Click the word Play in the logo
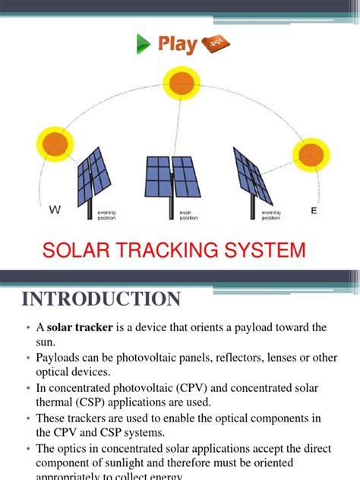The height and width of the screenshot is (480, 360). click(x=178, y=45)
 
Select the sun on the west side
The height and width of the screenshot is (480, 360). click(x=54, y=144)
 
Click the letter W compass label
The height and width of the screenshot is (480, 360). click(x=54, y=210)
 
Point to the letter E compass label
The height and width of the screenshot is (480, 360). click(x=313, y=210)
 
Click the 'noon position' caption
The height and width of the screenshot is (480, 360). click(x=188, y=215)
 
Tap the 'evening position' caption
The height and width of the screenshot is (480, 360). click(x=106, y=215)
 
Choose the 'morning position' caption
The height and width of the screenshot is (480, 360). click(x=271, y=215)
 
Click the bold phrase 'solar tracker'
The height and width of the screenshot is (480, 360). click(x=80, y=327)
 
